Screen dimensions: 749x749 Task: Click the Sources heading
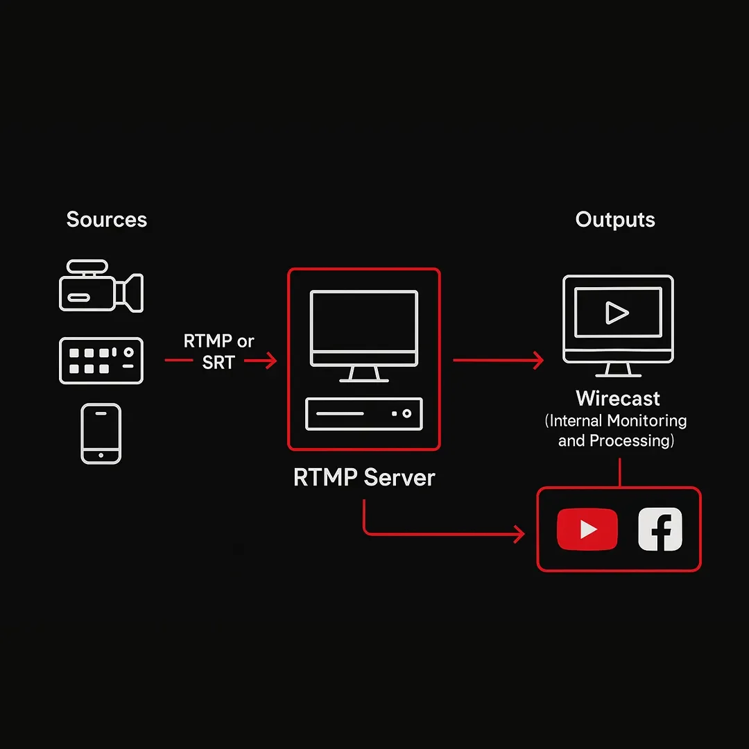tap(106, 220)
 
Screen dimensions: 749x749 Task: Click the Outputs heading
tap(615, 220)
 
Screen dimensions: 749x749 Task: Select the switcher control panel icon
tap(101, 361)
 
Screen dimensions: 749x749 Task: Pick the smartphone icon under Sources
tap(101, 433)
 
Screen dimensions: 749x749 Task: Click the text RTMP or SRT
tap(218, 352)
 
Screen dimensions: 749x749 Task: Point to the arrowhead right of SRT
tap(271, 361)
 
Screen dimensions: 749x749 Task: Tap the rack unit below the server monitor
tap(364, 414)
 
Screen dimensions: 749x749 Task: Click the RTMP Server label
tap(364, 478)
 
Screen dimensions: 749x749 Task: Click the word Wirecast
tap(617, 399)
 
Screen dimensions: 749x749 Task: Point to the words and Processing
tap(616, 440)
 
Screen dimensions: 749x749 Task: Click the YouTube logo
tap(587, 529)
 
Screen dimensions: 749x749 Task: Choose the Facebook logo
tap(660, 529)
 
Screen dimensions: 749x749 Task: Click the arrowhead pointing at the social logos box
tap(518, 534)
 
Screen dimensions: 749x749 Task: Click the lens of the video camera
tap(132, 292)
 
